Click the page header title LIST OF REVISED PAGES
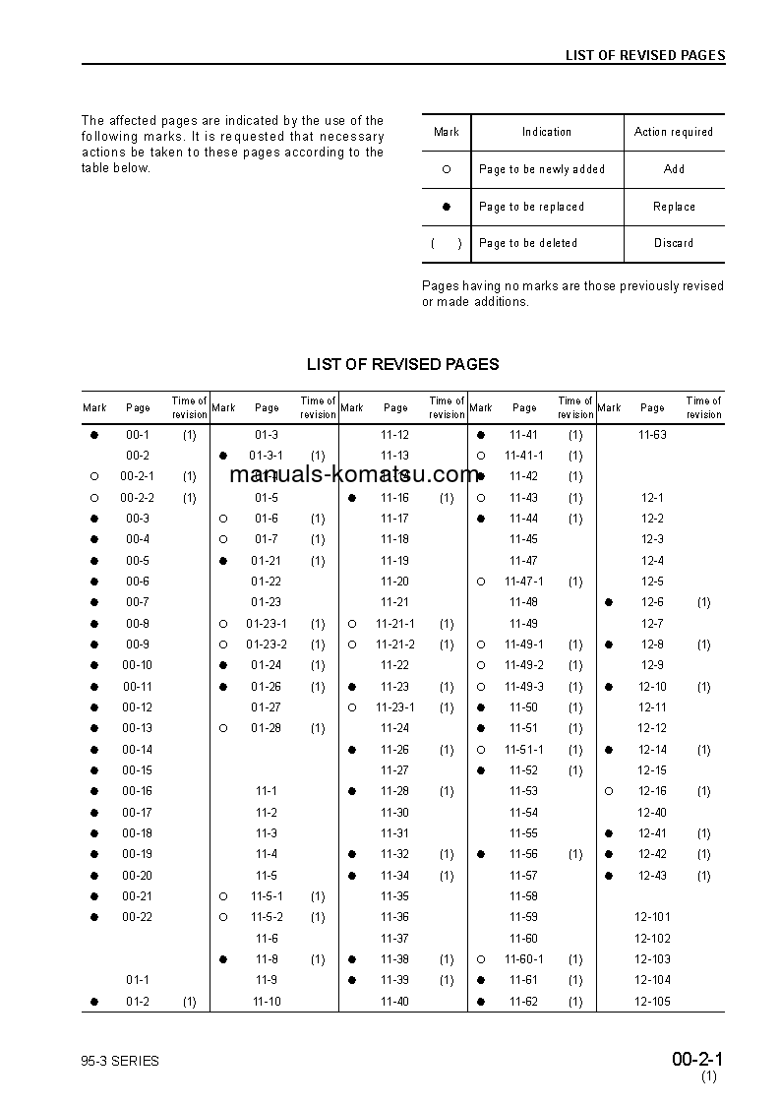pos(644,55)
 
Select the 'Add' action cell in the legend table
pos(674,169)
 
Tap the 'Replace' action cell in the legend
pos(674,207)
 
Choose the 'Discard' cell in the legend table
pos(674,243)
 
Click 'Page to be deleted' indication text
pos(528,243)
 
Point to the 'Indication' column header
pos(547,132)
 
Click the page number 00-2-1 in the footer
pos(697,1060)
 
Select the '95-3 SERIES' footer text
pos(120,1061)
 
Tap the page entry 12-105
pos(652,1002)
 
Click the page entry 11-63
pos(652,435)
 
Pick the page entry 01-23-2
pos(267,645)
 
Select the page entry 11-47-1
pos(524,582)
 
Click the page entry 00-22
pos(138,917)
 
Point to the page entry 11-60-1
pos(524,959)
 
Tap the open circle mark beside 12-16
pos(610,791)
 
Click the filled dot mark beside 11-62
pos(481,1002)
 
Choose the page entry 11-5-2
pos(267,917)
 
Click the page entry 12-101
pos(652,917)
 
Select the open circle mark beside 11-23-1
pos(352,707)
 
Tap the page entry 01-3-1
pos(267,456)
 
